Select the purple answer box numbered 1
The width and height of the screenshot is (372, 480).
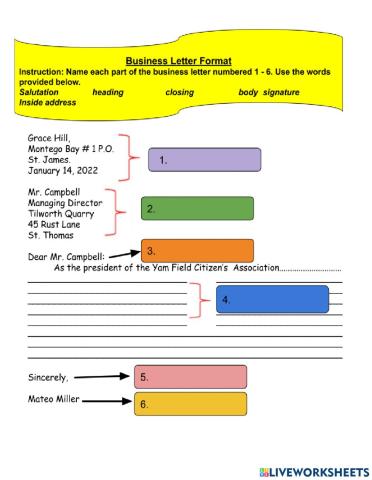(x=204, y=159)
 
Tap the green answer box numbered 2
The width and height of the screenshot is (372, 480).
(x=197, y=208)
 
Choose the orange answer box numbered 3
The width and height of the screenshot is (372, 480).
(x=198, y=250)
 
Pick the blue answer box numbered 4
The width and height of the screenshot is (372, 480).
(x=272, y=299)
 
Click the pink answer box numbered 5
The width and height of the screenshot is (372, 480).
(x=190, y=377)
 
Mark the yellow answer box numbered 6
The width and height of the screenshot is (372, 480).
(x=190, y=404)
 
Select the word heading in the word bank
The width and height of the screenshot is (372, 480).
(x=109, y=92)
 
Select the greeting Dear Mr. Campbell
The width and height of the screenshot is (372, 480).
(x=65, y=256)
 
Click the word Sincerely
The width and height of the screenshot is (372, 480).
(x=48, y=378)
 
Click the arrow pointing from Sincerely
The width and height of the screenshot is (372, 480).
(x=102, y=377)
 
